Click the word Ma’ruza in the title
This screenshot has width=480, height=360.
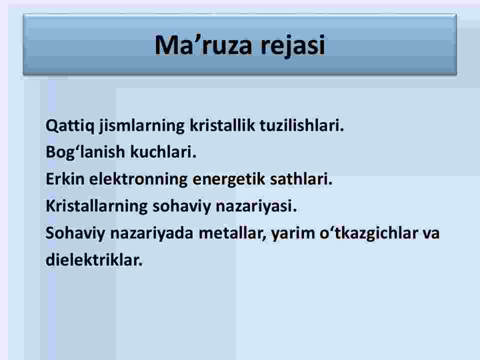point(203,45)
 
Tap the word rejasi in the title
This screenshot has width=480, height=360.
point(292,46)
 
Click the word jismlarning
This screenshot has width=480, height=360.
point(141,126)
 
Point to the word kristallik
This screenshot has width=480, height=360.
point(222,125)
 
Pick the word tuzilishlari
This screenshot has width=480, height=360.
point(302,125)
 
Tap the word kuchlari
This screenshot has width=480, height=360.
point(163,152)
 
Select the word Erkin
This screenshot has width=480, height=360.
point(65,179)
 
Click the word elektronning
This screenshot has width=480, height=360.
point(138,179)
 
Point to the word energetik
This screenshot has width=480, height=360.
point(228,179)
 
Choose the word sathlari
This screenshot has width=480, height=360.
point(301,179)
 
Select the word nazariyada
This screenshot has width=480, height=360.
point(151,233)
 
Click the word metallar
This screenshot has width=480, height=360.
point(232,233)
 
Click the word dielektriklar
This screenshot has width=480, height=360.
point(94,260)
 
